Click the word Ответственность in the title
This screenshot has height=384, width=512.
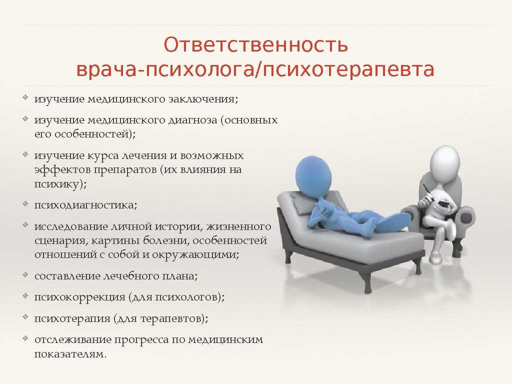(x=255, y=44)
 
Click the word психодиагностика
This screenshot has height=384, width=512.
(x=85, y=205)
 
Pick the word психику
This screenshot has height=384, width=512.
(x=60, y=184)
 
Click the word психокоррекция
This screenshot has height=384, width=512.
(x=79, y=297)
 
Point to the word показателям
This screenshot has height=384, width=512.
(x=70, y=354)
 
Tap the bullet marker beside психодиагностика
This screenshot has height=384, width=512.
(x=25, y=204)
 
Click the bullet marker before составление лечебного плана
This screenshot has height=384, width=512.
(x=25, y=275)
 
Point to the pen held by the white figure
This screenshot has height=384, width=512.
(x=426, y=192)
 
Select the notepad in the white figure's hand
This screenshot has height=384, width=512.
(x=444, y=204)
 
